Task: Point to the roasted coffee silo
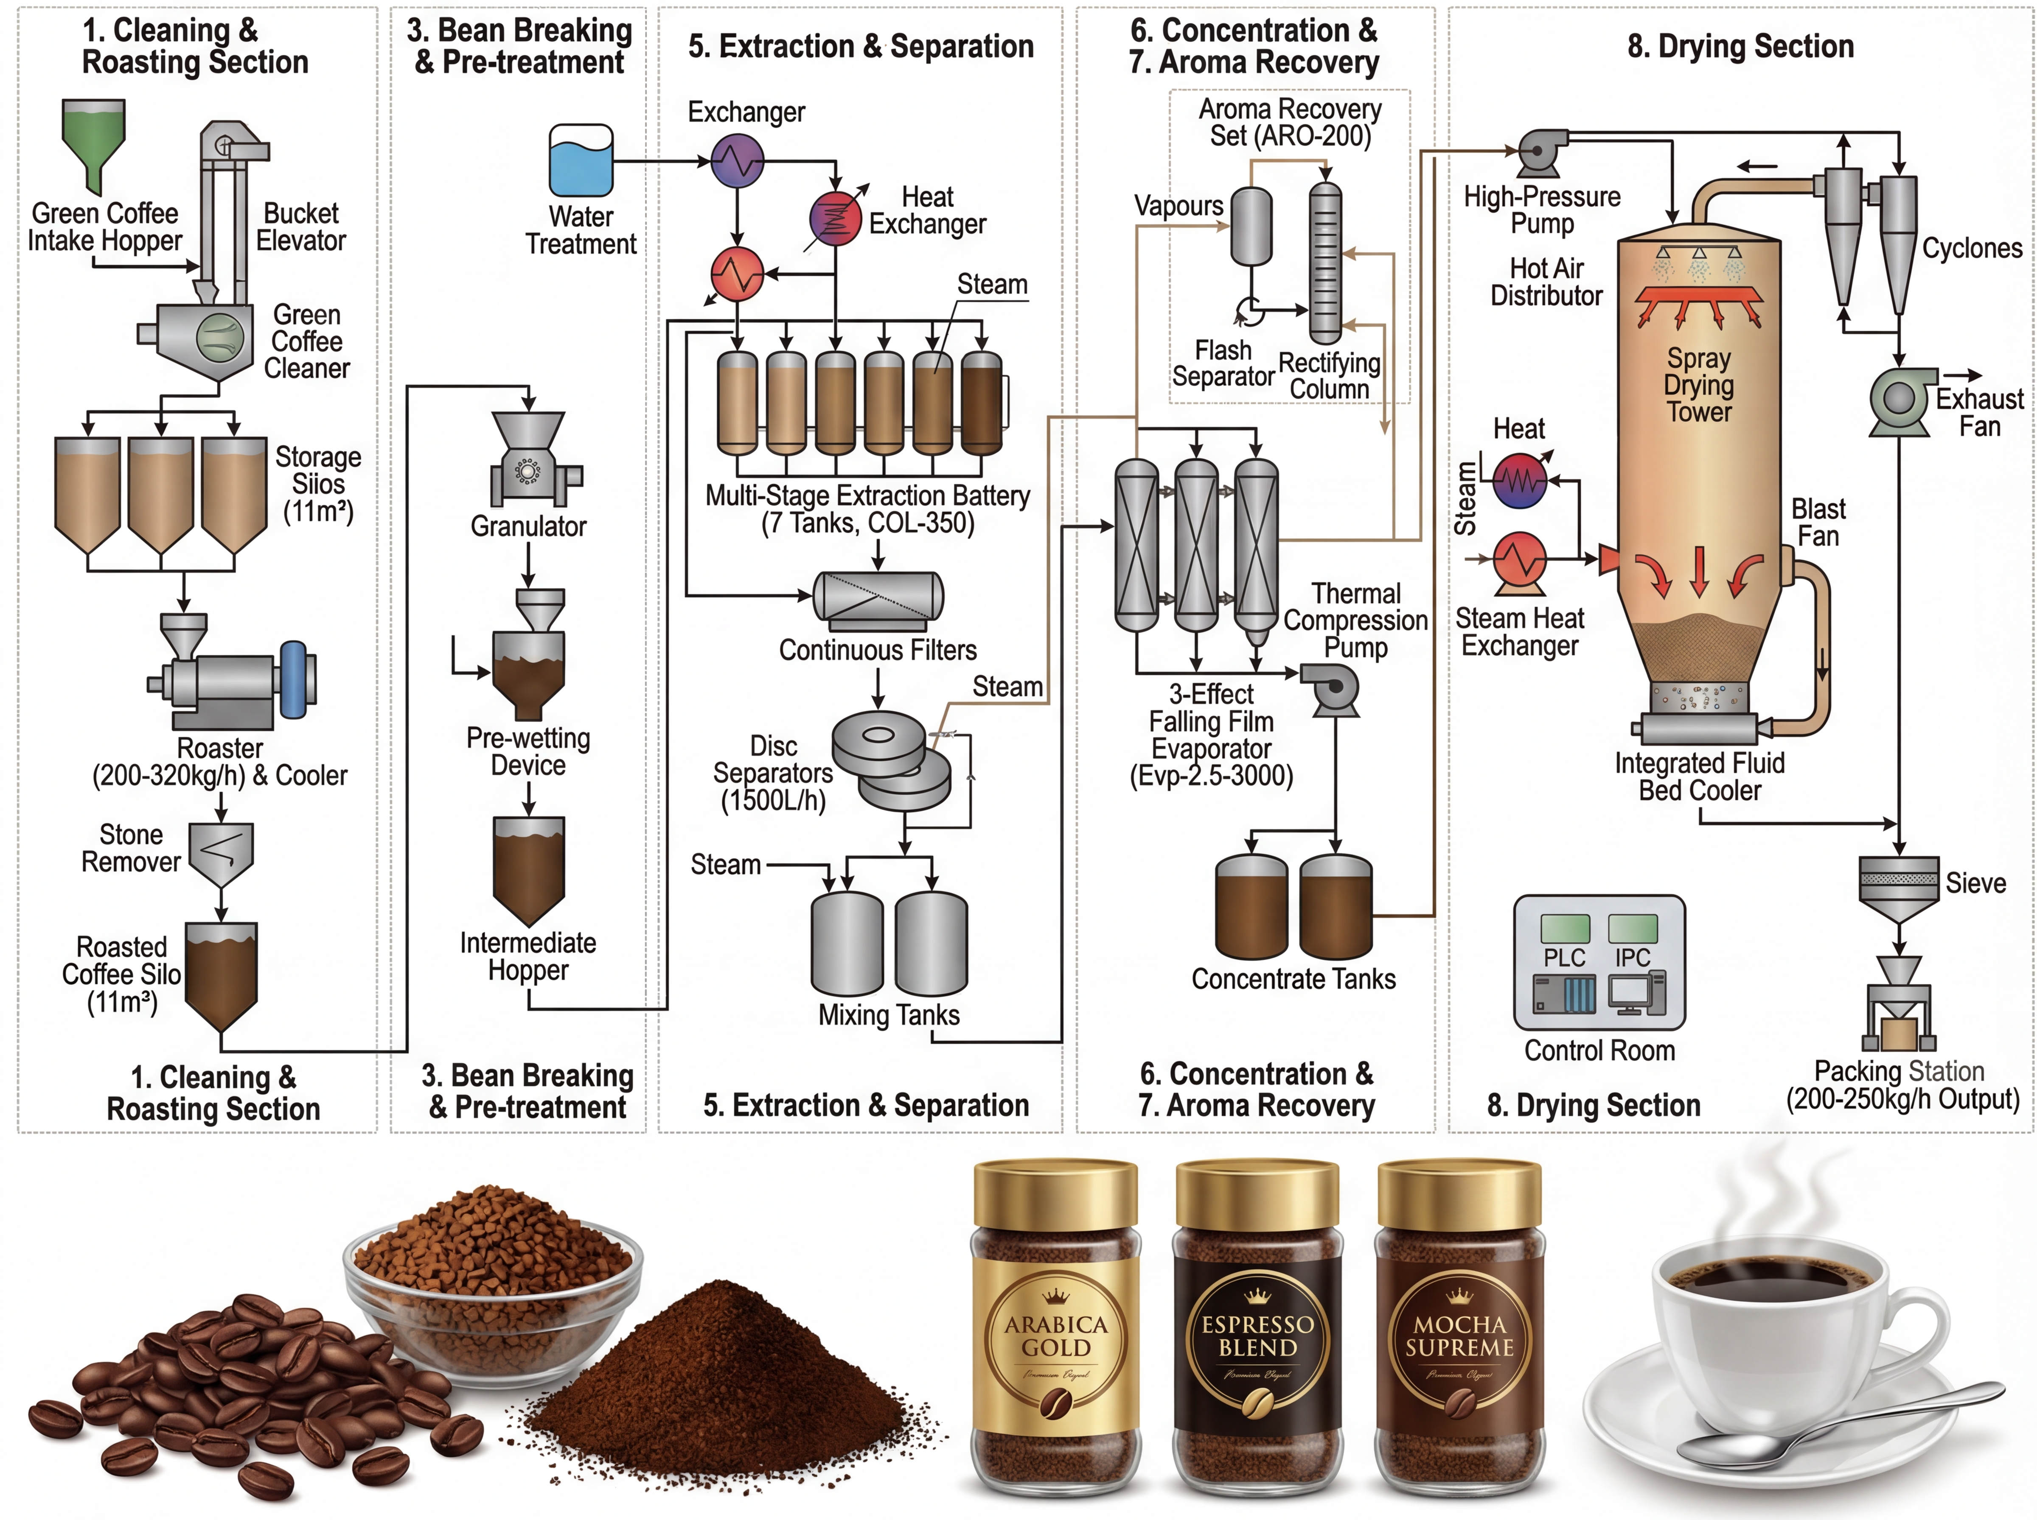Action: click(x=221, y=975)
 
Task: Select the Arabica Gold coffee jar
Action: click(x=1056, y=1334)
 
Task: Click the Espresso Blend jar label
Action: click(x=1257, y=1337)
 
